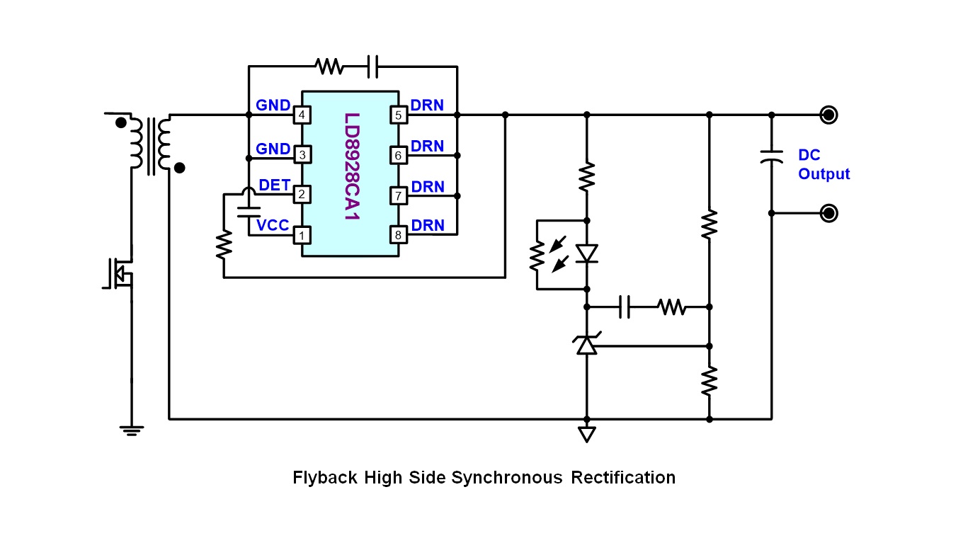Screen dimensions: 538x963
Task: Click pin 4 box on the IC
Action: click(302, 115)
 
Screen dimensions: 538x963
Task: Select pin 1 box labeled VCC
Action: click(302, 235)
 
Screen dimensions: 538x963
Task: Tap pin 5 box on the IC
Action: click(398, 115)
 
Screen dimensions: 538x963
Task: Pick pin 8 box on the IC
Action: click(398, 235)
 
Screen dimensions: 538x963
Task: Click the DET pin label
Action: click(274, 185)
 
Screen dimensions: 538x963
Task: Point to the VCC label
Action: click(273, 225)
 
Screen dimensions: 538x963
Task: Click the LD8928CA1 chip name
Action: click(351, 167)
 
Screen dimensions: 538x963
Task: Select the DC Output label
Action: click(824, 164)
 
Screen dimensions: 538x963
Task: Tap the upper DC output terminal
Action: click(828, 114)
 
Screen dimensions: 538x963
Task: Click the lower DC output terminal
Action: click(828, 213)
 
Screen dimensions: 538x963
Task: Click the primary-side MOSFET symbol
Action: click(119, 273)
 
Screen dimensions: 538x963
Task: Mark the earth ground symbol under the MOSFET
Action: click(131, 429)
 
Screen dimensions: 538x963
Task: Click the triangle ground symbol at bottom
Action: click(586, 434)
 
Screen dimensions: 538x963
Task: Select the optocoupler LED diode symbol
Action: click(586, 253)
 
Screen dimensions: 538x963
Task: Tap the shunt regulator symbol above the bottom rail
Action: click(586, 345)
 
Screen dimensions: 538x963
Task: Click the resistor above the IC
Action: click(330, 67)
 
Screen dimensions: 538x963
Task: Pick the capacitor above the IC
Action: click(373, 67)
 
